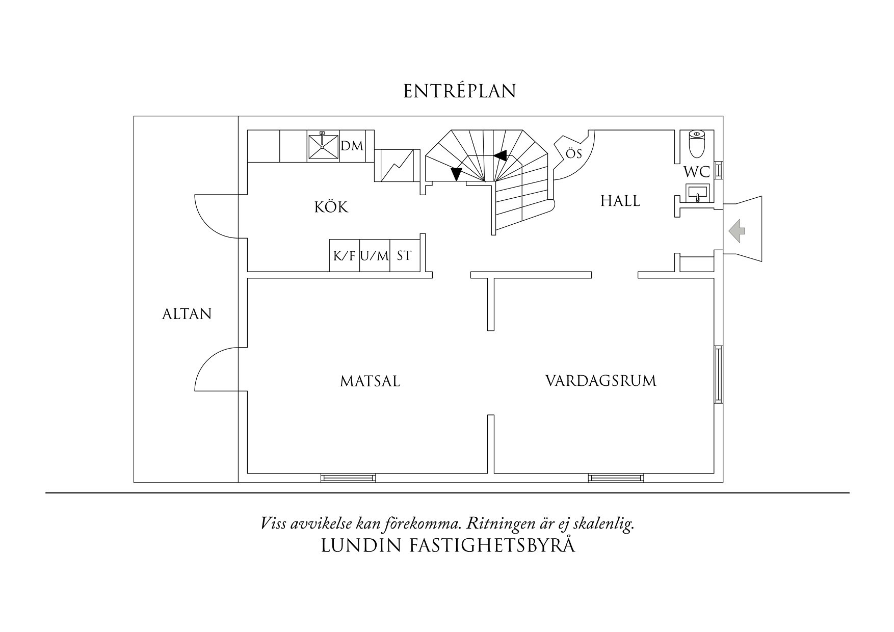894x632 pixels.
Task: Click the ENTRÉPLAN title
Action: point(460,91)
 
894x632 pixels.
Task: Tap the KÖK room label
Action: point(331,207)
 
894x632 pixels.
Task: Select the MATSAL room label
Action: point(370,381)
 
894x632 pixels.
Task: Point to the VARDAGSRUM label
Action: point(600,381)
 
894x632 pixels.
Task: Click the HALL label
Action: point(620,201)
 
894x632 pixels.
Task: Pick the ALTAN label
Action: point(187,314)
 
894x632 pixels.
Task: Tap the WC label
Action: point(696,172)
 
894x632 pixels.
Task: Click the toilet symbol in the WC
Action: point(696,144)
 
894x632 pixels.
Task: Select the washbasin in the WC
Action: point(698,193)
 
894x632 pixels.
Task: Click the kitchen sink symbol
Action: point(323,146)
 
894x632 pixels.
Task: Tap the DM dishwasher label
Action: point(352,146)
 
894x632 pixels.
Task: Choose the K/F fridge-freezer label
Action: point(344,256)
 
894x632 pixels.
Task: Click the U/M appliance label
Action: point(374,256)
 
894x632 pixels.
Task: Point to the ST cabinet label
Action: point(404,256)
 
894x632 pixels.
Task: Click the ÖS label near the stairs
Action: point(574,153)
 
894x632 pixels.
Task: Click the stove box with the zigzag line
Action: point(397,165)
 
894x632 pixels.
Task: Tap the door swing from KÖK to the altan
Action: point(214,217)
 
